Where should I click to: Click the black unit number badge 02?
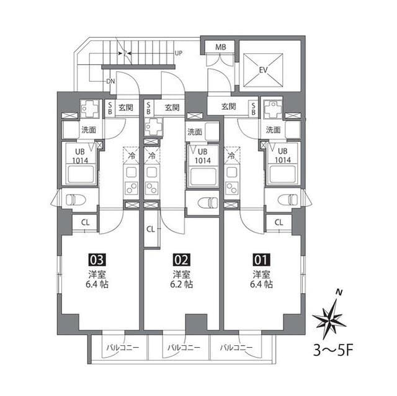click(x=181, y=260)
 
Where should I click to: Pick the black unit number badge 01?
click(x=261, y=260)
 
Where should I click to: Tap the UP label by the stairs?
click(x=179, y=53)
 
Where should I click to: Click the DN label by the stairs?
click(x=110, y=81)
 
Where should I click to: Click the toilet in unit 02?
click(x=209, y=203)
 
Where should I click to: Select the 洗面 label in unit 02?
click(x=195, y=132)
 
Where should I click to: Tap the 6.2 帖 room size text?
click(x=182, y=284)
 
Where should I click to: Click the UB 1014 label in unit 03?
click(x=79, y=155)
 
